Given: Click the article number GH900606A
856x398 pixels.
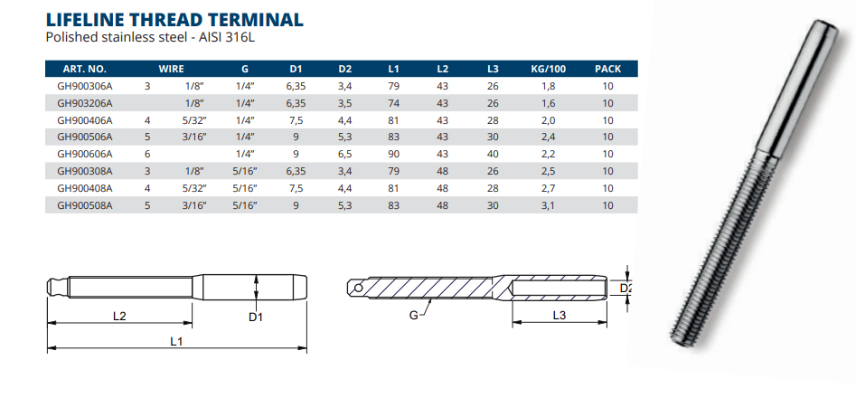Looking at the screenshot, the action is click(85, 155).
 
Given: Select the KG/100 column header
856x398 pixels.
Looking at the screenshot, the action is click(549, 70).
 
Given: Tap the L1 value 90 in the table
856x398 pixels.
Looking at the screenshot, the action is click(393, 155).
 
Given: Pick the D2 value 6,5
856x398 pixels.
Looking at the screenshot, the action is click(344, 155).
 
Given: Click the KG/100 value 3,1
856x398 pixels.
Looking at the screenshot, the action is click(549, 206).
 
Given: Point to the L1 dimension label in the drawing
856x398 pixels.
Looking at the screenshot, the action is click(175, 342).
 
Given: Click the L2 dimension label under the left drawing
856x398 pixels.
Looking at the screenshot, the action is click(119, 316).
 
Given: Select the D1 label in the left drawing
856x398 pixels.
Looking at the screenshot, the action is click(256, 316).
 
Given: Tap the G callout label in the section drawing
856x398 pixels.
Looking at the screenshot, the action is click(413, 315).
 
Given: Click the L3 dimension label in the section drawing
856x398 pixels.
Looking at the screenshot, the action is click(560, 315).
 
